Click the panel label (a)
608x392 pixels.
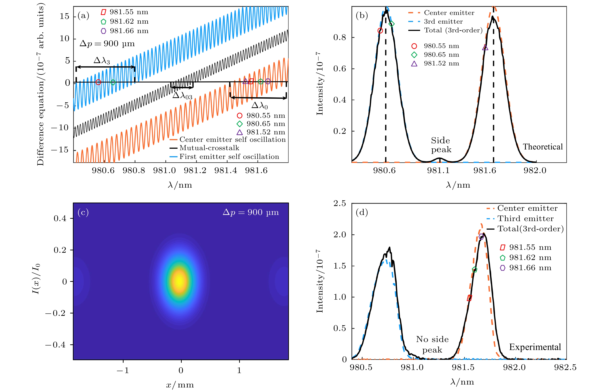(x=83, y=16)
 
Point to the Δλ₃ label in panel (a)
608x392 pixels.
(x=102, y=60)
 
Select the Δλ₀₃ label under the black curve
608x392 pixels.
(x=182, y=95)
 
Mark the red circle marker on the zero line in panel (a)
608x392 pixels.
(x=98, y=82)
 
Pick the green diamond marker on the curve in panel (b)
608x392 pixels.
(x=392, y=24)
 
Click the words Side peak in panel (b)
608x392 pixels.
(x=441, y=145)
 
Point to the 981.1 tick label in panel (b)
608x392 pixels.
(x=438, y=170)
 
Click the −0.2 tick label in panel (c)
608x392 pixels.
(x=55, y=313)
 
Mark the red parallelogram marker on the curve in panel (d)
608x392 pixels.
(x=469, y=298)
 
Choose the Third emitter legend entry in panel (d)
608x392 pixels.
(x=525, y=219)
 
